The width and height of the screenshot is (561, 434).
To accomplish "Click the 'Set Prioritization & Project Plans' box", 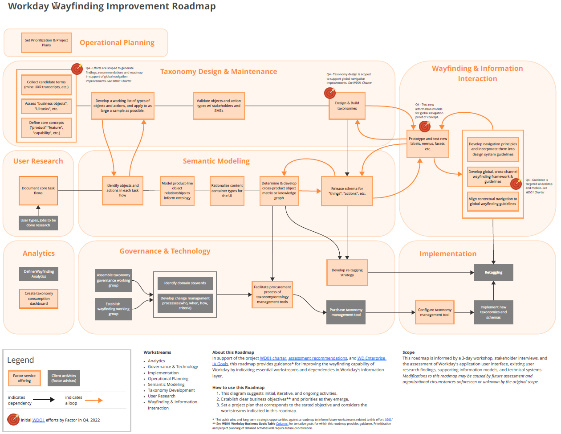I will point(46,42).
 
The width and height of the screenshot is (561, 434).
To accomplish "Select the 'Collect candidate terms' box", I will point(46,85).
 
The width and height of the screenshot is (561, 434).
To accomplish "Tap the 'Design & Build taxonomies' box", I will point(347,106).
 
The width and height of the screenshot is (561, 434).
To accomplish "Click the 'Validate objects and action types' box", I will point(219,106).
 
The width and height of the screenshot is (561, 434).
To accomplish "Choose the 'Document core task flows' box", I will point(38,191).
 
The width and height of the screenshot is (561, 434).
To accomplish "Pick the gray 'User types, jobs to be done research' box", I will point(38,223).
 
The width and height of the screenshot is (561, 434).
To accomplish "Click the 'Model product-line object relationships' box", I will point(177,191).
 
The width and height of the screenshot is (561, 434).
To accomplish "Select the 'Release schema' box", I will point(347,191).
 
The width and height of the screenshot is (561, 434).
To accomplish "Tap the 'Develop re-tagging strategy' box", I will point(347,272).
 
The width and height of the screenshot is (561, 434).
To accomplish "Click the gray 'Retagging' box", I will point(493,272).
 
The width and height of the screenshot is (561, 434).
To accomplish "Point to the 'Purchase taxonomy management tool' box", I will point(346,312).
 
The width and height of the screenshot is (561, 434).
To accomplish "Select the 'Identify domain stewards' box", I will point(185,283).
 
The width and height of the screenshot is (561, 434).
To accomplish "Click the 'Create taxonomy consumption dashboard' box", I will point(39,299).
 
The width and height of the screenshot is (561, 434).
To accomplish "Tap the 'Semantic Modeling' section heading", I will point(216,161).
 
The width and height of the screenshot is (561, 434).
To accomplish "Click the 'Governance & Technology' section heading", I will point(165,251).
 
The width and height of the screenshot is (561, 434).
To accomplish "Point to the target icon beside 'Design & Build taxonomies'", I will point(330,93).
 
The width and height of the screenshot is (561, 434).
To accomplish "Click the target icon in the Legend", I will point(13,419).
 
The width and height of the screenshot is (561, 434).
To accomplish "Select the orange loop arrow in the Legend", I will point(93,400).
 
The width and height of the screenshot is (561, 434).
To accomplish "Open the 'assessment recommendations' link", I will point(317,358).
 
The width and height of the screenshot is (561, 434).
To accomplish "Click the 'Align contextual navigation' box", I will point(493,201).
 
